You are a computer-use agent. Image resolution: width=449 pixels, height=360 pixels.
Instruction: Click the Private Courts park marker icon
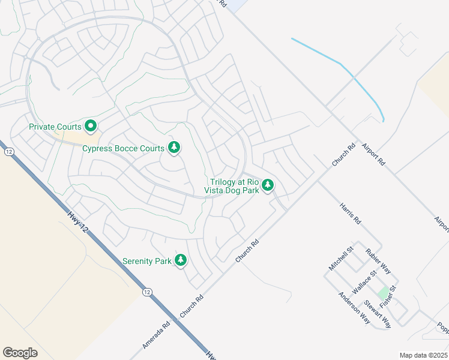point(91,126)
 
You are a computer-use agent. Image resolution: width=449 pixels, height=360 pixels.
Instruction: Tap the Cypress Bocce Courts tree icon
point(174,147)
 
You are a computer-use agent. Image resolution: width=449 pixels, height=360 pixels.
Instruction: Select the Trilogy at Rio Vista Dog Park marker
point(268,185)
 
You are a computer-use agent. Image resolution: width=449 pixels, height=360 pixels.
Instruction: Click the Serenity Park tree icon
point(180,260)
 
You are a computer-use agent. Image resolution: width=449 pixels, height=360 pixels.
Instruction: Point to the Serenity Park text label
point(146,261)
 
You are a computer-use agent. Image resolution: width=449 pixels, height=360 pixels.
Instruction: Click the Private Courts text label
point(55,127)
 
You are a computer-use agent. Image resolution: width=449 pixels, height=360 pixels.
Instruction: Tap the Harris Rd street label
point(351,213)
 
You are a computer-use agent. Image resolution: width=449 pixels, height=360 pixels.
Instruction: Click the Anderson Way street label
point(354,307)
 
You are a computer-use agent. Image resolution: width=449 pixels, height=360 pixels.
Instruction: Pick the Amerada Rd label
point(157,334)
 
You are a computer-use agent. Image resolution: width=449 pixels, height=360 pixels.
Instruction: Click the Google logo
point(20,353)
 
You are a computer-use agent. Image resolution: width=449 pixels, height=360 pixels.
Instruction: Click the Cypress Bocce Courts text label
point(124,148)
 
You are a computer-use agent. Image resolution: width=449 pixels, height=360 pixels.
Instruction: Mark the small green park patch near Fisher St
point(382,293)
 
